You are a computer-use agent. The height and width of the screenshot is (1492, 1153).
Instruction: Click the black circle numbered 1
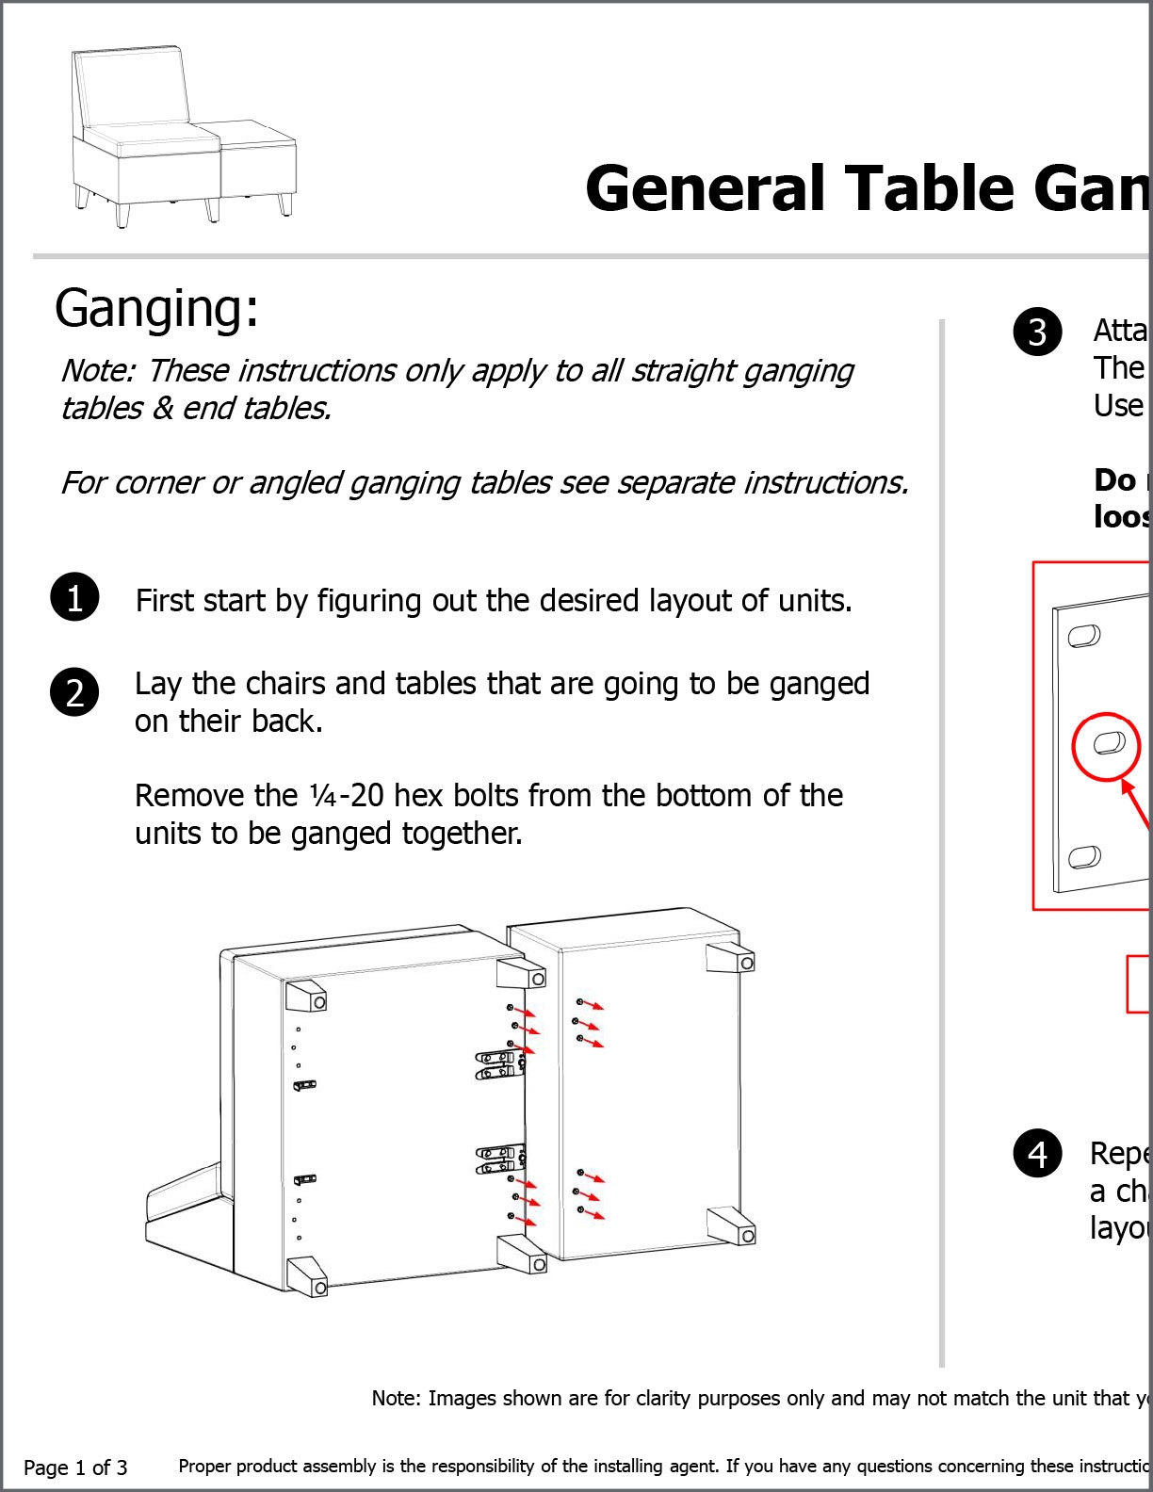[x=74, y=597]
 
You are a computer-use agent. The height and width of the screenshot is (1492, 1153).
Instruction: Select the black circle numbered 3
[x=1037, y=332]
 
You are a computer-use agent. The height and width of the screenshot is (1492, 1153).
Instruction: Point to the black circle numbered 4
[x=1037, y=1153]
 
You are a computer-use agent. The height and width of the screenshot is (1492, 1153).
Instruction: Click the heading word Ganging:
[x=156, y=308]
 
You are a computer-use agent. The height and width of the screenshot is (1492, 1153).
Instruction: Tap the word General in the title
[x=705, y=188]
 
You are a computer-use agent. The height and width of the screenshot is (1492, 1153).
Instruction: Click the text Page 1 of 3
[x=75, y=1468]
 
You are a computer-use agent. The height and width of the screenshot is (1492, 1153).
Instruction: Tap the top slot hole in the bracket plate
[x=1084, y=637]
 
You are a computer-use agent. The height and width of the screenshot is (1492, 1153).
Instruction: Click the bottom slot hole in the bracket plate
[x=1084, y=857]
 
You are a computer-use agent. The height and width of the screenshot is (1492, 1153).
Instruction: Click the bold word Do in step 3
[x=1114, y=479]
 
